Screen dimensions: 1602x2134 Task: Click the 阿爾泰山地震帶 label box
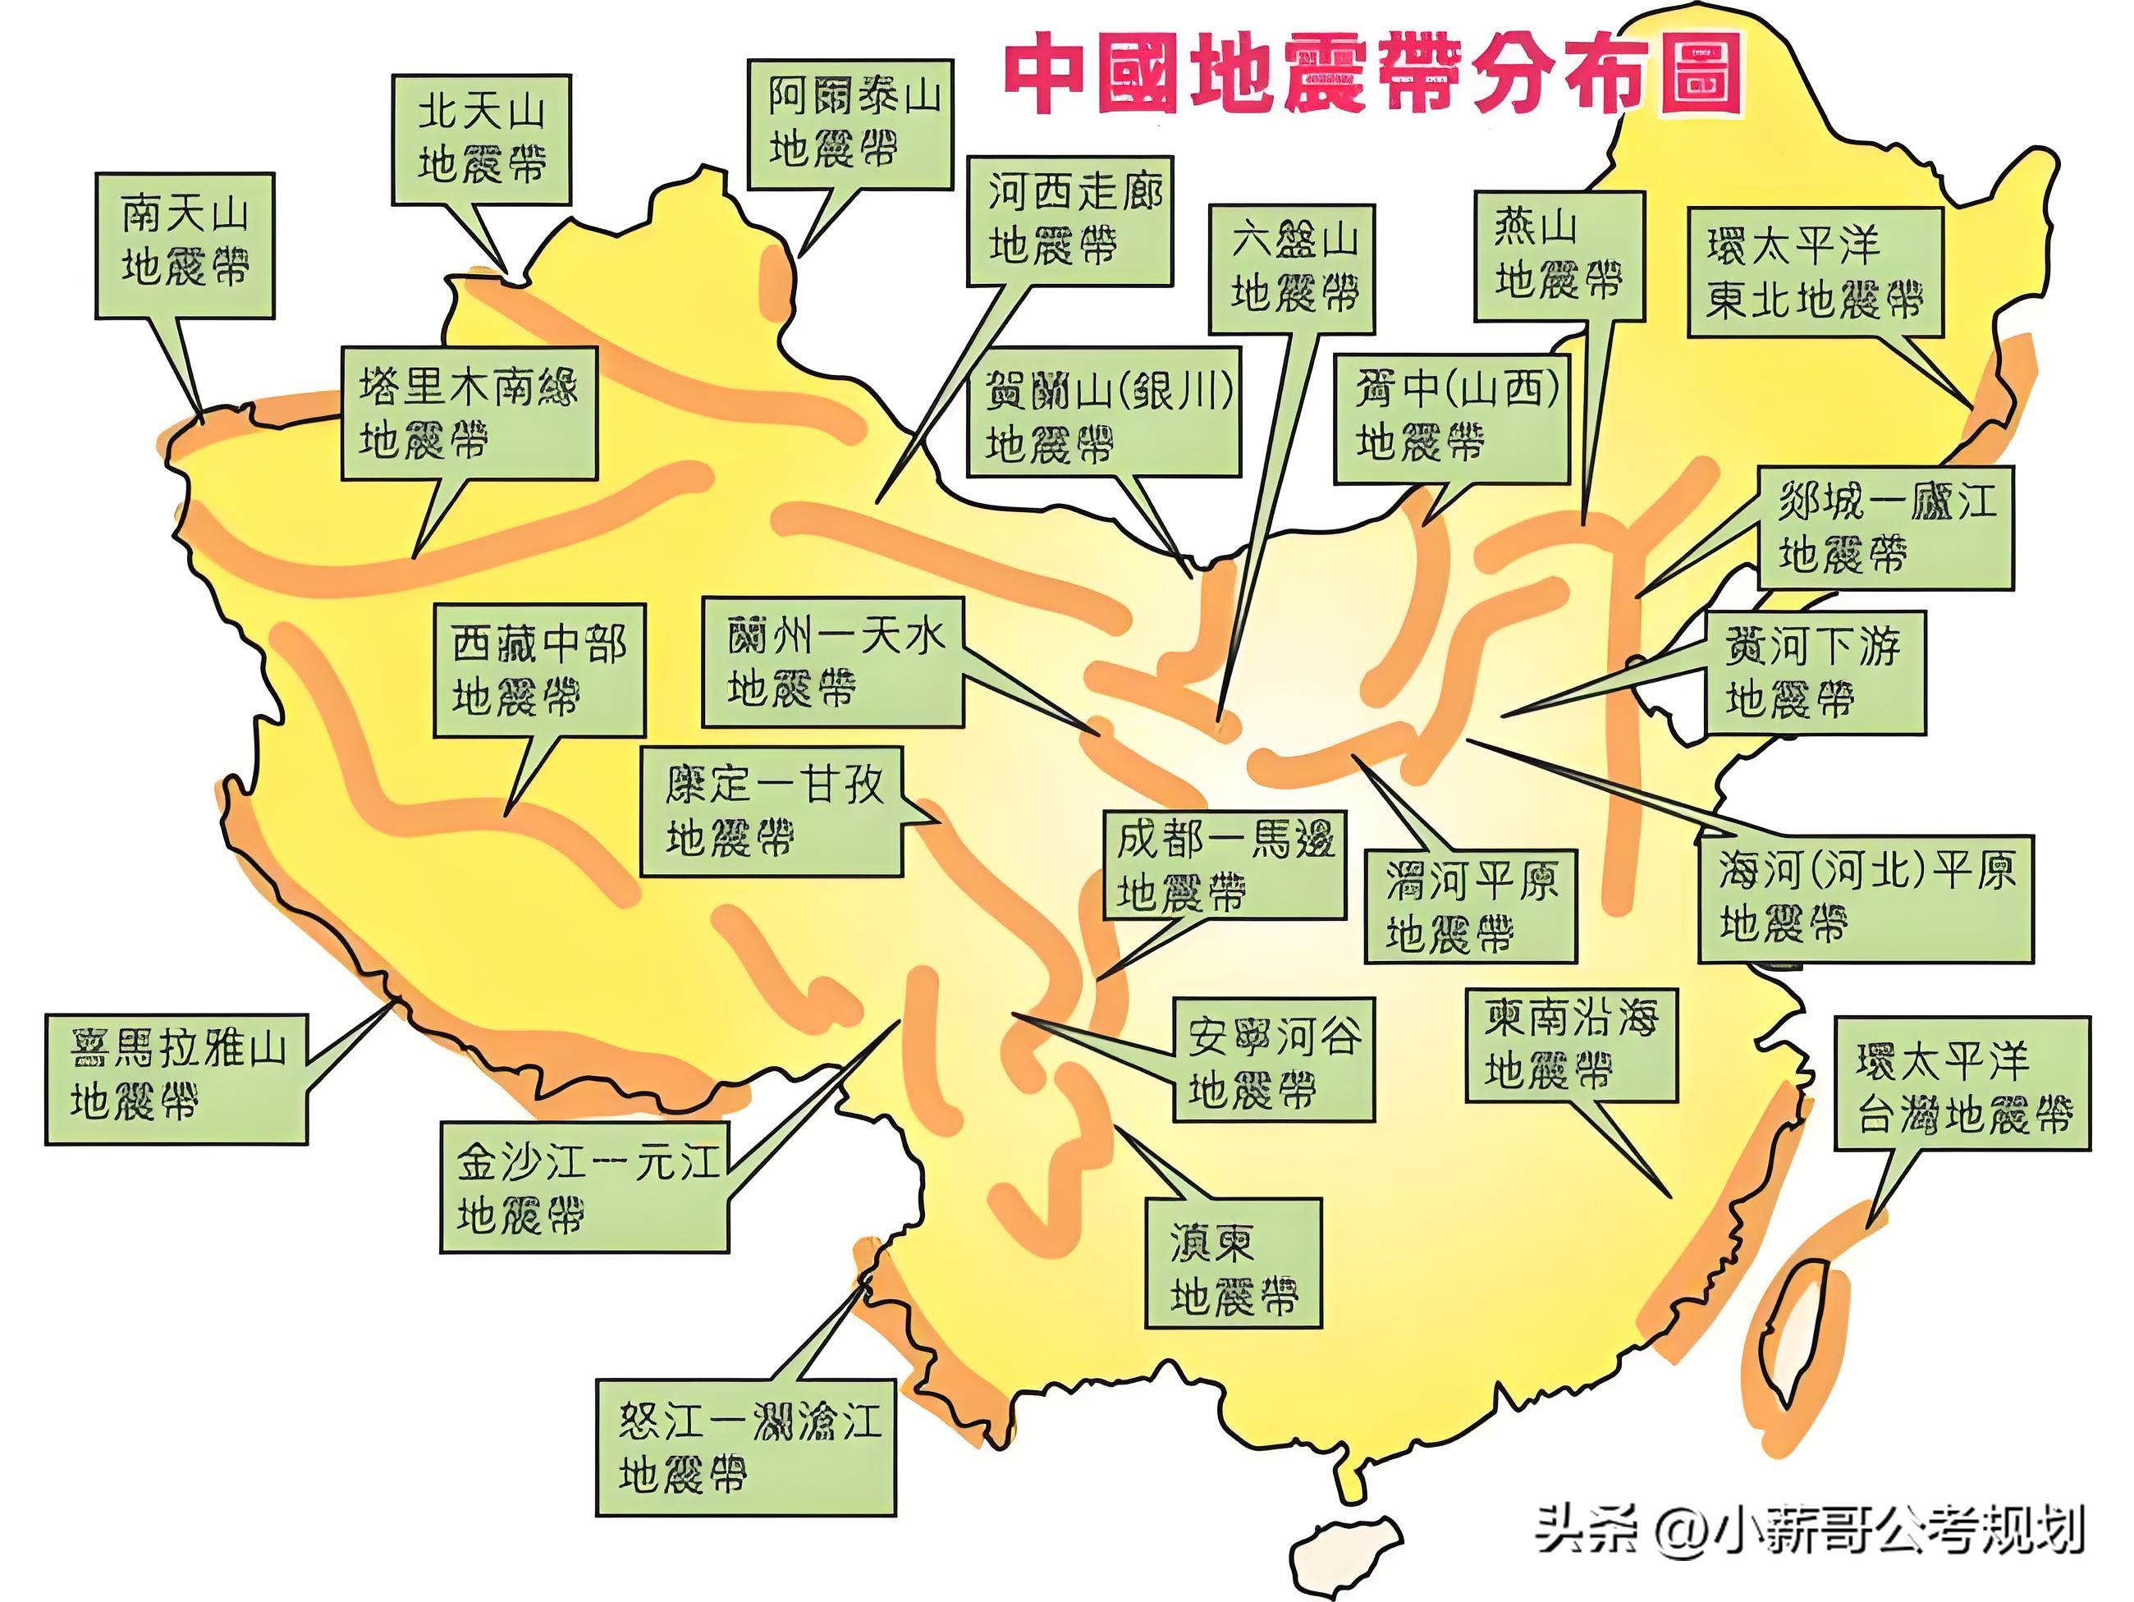coord(850,123)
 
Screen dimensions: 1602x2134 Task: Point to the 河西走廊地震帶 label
coord(1070,220)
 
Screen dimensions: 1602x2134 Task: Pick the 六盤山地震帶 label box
coord(1292,268)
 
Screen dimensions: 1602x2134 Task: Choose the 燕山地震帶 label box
coord(1558,254)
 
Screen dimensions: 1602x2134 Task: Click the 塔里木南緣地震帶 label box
coord(469,413)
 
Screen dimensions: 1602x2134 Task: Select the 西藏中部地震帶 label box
coord(538,671)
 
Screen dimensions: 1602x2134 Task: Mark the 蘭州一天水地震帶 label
coord(831,661)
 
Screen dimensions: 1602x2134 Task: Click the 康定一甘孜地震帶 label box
coord(772,810)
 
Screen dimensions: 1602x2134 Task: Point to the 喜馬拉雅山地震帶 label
coord(176,1078)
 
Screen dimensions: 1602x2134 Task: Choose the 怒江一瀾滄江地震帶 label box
coord(744,1447)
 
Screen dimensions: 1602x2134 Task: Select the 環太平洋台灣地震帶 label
coord(1962,1082)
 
